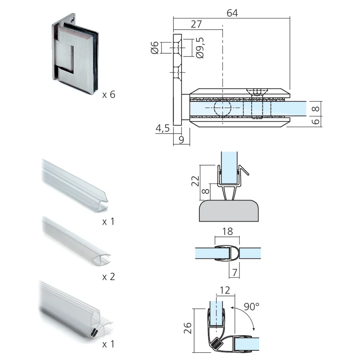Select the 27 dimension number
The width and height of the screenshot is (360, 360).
196,24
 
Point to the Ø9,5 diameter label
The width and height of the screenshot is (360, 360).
201,48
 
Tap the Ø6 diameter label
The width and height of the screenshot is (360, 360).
154,48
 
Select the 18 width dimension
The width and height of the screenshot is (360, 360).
228,231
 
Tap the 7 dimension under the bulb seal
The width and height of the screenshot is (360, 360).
235,273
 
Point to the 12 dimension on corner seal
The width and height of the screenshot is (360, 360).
225,290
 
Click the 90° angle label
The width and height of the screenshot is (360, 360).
252,307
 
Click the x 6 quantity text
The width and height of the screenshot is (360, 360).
108,95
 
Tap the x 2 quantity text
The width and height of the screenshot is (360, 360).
108,276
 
